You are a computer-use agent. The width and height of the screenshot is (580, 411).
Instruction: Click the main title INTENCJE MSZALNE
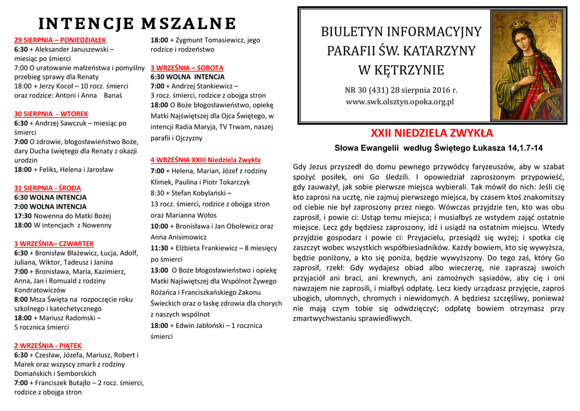pyautogui.click(x=137, y=24)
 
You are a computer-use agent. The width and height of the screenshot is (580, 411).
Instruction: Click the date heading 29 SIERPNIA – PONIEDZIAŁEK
pyautogui.click(x=60, y=40)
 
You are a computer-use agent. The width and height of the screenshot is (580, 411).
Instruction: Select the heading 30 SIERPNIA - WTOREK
pyautogui.click(x=51, y=113)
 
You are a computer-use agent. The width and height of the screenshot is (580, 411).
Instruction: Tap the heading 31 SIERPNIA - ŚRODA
pyautogui.click(x=48, y=188)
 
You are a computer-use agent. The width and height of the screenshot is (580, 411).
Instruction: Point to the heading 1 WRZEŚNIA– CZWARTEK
pyautogui.click(x=54, y=243)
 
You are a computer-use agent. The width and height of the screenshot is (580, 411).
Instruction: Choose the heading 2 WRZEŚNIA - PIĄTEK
pyautogui.click(x=48, y=345)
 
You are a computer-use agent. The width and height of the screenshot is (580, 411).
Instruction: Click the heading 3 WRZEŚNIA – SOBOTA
pyautogui.click(x=187, y=67)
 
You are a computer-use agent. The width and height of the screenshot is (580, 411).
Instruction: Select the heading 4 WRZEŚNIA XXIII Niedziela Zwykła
pyautogui.click(x=206, y=160)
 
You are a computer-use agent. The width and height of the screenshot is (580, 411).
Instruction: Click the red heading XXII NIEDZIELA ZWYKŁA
pyautogui.click(x=432, y=134)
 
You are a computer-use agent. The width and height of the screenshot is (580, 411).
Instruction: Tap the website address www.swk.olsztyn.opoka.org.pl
pyautogui.click(x=400, y=102)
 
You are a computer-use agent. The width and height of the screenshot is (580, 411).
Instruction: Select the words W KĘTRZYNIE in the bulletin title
pyautogui.click(x=401, y=70)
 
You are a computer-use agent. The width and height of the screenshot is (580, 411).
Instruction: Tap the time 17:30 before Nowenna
pyautogui.click(x=23, y=215)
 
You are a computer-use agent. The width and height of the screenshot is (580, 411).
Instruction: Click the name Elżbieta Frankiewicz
pyautogui.click(x=206, y=248)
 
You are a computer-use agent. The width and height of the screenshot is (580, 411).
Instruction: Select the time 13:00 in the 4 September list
pyautogui.click(x=160, y=270)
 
